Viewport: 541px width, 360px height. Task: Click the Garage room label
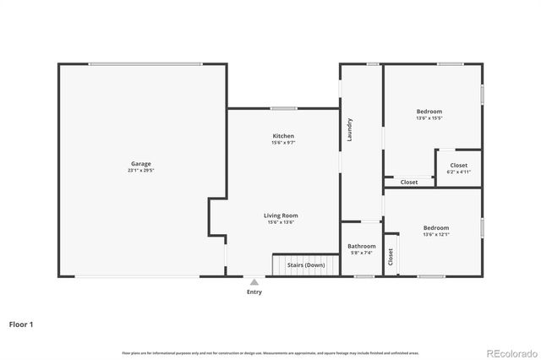click(x=141, y=164)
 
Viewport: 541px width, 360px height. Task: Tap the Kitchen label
click(x=283, y=136)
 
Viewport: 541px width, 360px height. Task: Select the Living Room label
click(x=282, y=215)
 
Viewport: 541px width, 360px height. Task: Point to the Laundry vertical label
click(x=349, y=129)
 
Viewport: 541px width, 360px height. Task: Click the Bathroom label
click(x=361, y=246)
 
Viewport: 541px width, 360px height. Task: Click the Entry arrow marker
click(x=254, y=282)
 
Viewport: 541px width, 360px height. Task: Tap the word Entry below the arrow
click(x=254, y=292)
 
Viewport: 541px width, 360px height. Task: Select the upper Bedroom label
click(x=429, y=112)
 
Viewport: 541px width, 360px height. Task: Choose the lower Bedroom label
click(x=436, y=227)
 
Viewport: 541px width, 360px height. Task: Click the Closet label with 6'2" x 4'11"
click(x=459, y=166)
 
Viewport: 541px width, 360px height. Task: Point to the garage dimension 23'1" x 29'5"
click(x=141, y=171)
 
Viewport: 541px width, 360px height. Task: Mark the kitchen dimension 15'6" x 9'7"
click(x=283, y=143)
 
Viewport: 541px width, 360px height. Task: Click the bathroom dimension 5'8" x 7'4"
click(x=361, y=253)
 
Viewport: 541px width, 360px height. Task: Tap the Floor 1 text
click(x=21, y=324)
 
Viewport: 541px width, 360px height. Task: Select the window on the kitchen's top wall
click(x=283, y=108)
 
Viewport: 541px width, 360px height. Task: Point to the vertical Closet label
click(x=391, y=256)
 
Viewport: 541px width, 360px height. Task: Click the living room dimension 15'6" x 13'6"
click(x=282, y=222)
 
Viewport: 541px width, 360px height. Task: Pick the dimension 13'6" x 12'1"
click(x=436, y=234)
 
